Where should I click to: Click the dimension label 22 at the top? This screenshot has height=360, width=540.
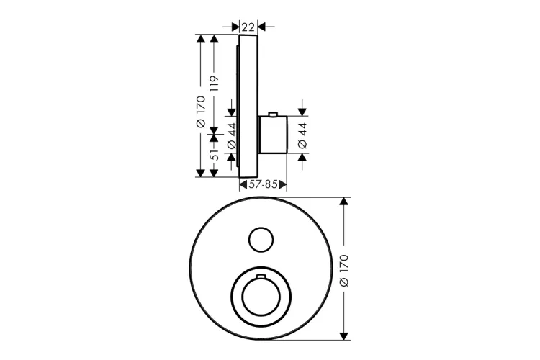248,26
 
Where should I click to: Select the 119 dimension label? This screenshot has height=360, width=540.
214,84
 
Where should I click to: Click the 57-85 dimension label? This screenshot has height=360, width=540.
263,184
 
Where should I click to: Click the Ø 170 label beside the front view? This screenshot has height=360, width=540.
343,271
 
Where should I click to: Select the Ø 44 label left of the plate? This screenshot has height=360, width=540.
232,135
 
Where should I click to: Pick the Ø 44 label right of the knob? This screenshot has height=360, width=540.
302,135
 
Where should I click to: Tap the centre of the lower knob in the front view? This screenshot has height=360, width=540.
261,297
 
